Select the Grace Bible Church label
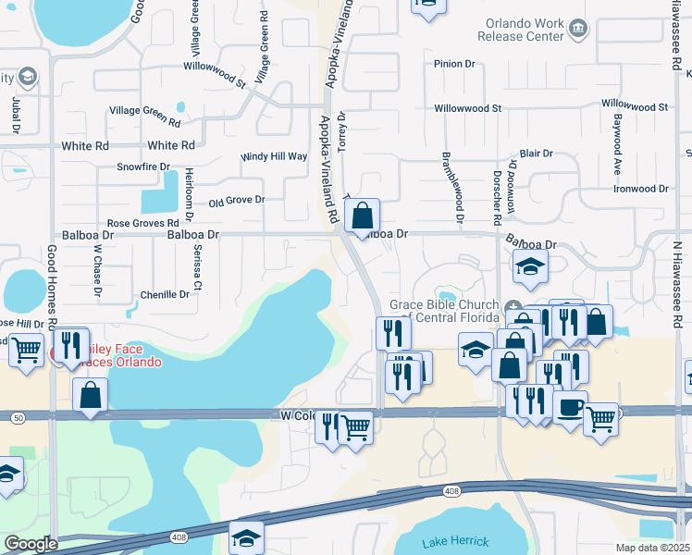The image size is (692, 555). pos(444,313)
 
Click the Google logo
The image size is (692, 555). pos(31,544)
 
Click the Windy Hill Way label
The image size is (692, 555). pos(274,157)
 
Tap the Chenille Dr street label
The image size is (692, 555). pos(165,294)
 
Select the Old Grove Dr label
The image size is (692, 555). pos(237,200)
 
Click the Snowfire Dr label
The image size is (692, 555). pos(143,167)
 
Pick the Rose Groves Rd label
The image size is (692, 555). pos(142,224)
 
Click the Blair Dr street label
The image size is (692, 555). pos(537,154)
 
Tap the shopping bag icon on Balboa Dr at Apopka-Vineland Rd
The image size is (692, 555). pos(364,217)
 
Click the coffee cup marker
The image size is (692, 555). pos(570,407)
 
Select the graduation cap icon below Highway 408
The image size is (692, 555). pos(246,536)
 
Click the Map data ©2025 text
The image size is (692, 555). pos(652,548)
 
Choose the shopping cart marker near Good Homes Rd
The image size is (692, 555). pos(26,350)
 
